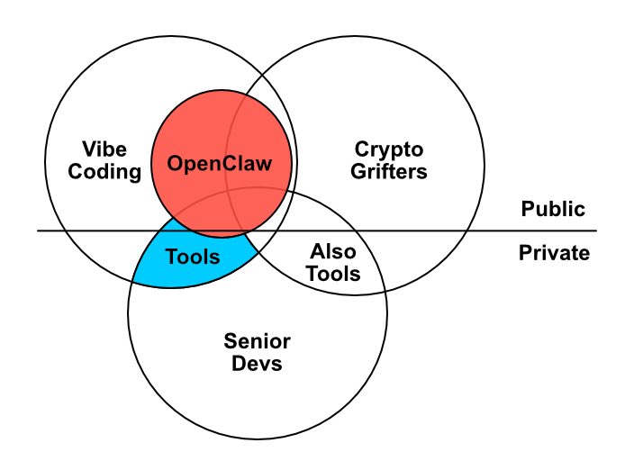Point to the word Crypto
click(388, 149)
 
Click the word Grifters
click(388, 170)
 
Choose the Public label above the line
click(553, 210)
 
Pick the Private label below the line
click(554, 253)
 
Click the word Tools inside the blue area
click(193, 258)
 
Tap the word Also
click(332, 252)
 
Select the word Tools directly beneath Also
click(332, 274)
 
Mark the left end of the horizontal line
click(38, 231)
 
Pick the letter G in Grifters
click(358, 170)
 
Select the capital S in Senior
click(229, 341)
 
